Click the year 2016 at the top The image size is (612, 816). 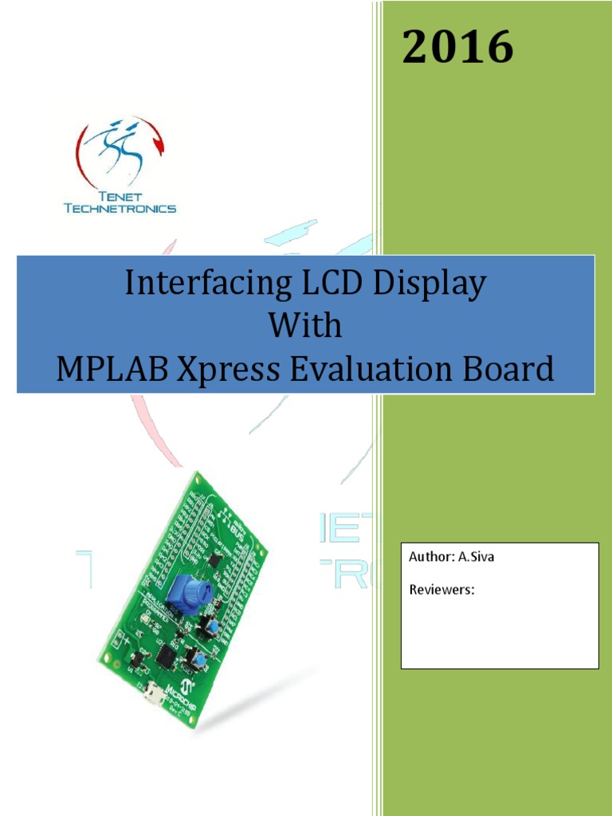(457, 47)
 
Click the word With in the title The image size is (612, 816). (305, 326)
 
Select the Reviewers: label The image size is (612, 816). (442, 590)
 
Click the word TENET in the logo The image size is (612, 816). (120, 196)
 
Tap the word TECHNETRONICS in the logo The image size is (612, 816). (120, 209)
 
